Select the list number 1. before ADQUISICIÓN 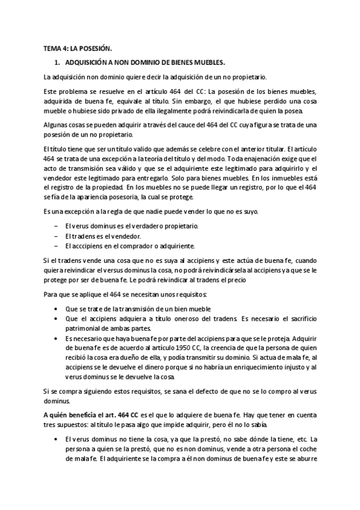point(56,63)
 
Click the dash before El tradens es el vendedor point(55,236)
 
